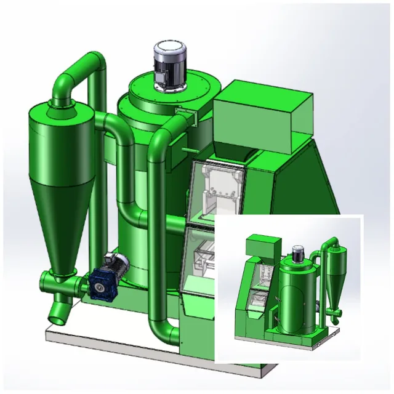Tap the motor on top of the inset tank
pyautogui.click(x=299, y=252)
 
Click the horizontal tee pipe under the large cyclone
pyautogui.click(x=62, y=284)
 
